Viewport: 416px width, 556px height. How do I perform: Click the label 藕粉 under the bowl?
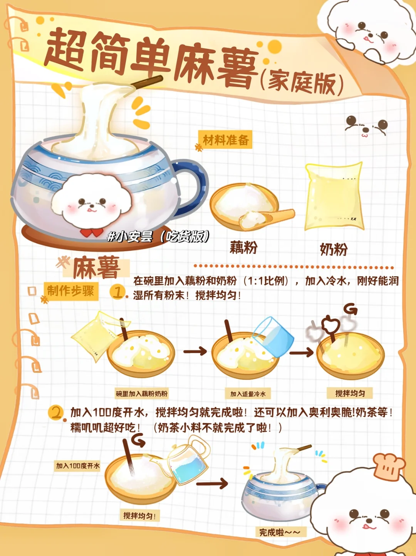(243, 247)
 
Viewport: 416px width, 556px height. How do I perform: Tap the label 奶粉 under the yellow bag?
(334, 250)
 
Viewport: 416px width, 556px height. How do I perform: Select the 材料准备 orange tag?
(225, 139)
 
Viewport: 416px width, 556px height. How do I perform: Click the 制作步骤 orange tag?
(71, 291)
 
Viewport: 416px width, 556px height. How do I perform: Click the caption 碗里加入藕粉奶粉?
(141, 394)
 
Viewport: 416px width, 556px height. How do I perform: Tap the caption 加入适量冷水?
(248, 394)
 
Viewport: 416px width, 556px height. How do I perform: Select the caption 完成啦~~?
(280, 532)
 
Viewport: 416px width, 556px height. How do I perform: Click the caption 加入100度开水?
(78, 465)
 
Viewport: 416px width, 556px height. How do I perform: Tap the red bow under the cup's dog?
(92, 232)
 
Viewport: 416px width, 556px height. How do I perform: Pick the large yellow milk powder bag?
(334, 196)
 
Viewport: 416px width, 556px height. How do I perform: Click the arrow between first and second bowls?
(195, 351)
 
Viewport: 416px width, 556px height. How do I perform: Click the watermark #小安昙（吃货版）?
(158, 237)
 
